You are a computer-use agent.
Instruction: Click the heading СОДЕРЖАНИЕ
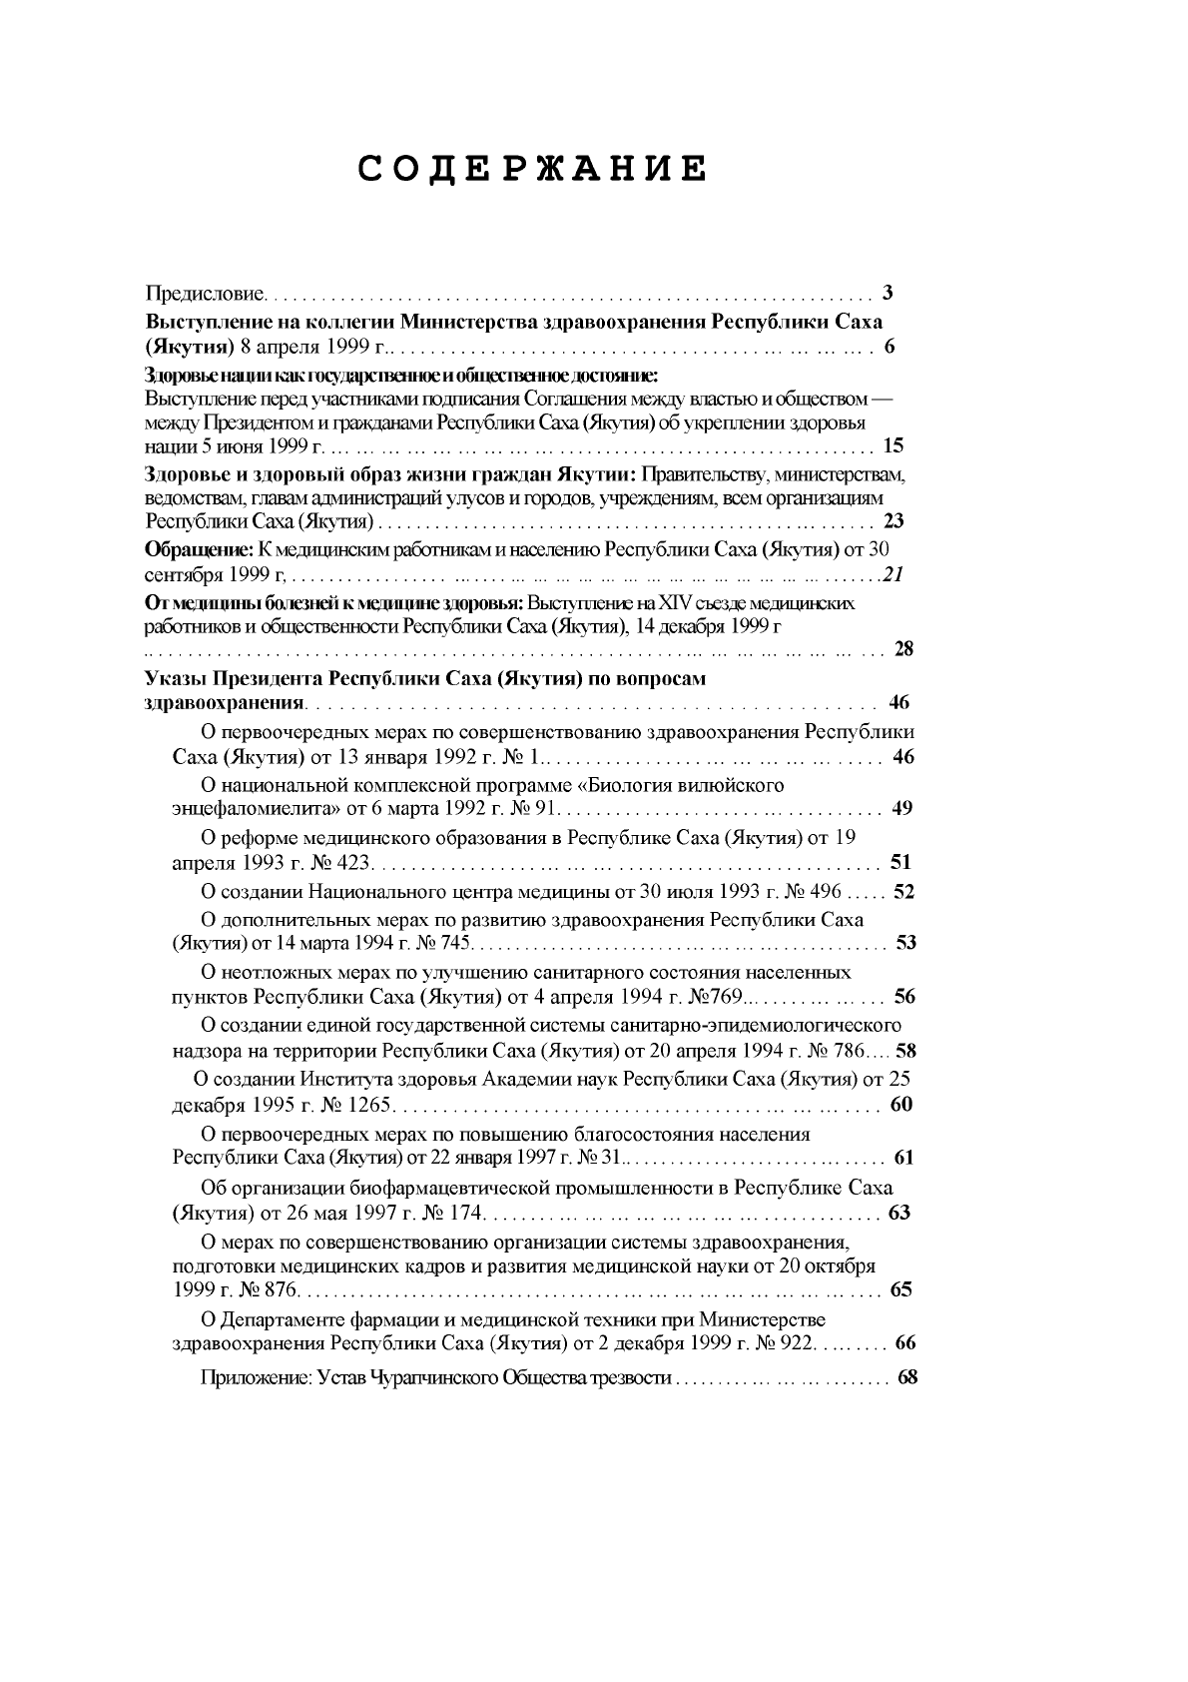[533, 169]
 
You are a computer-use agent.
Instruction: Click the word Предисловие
[206, 294]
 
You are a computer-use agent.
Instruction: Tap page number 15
[893, 445]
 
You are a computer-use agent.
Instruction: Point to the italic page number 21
[893, 574]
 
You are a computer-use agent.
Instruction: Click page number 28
[902, 649]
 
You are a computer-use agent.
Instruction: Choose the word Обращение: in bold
[200, 549]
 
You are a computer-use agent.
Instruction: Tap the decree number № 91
[536, 808]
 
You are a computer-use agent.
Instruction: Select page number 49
[901, 808]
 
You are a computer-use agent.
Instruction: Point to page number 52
[903, 892]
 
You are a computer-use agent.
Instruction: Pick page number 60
[901, 1105]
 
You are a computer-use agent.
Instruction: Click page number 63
[899, 1214]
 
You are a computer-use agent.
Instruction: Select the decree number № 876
[261, 1290]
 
